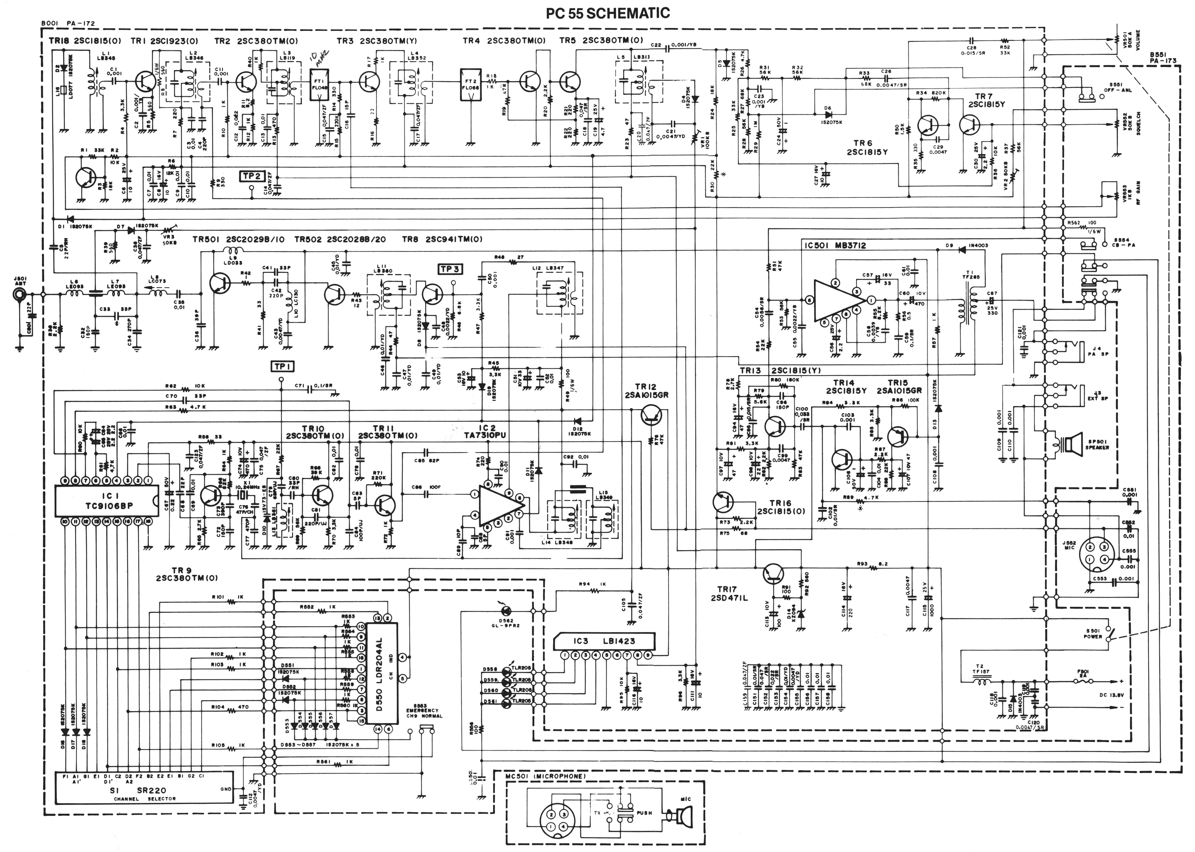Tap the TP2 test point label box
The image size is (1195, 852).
(x=251, y=176)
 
